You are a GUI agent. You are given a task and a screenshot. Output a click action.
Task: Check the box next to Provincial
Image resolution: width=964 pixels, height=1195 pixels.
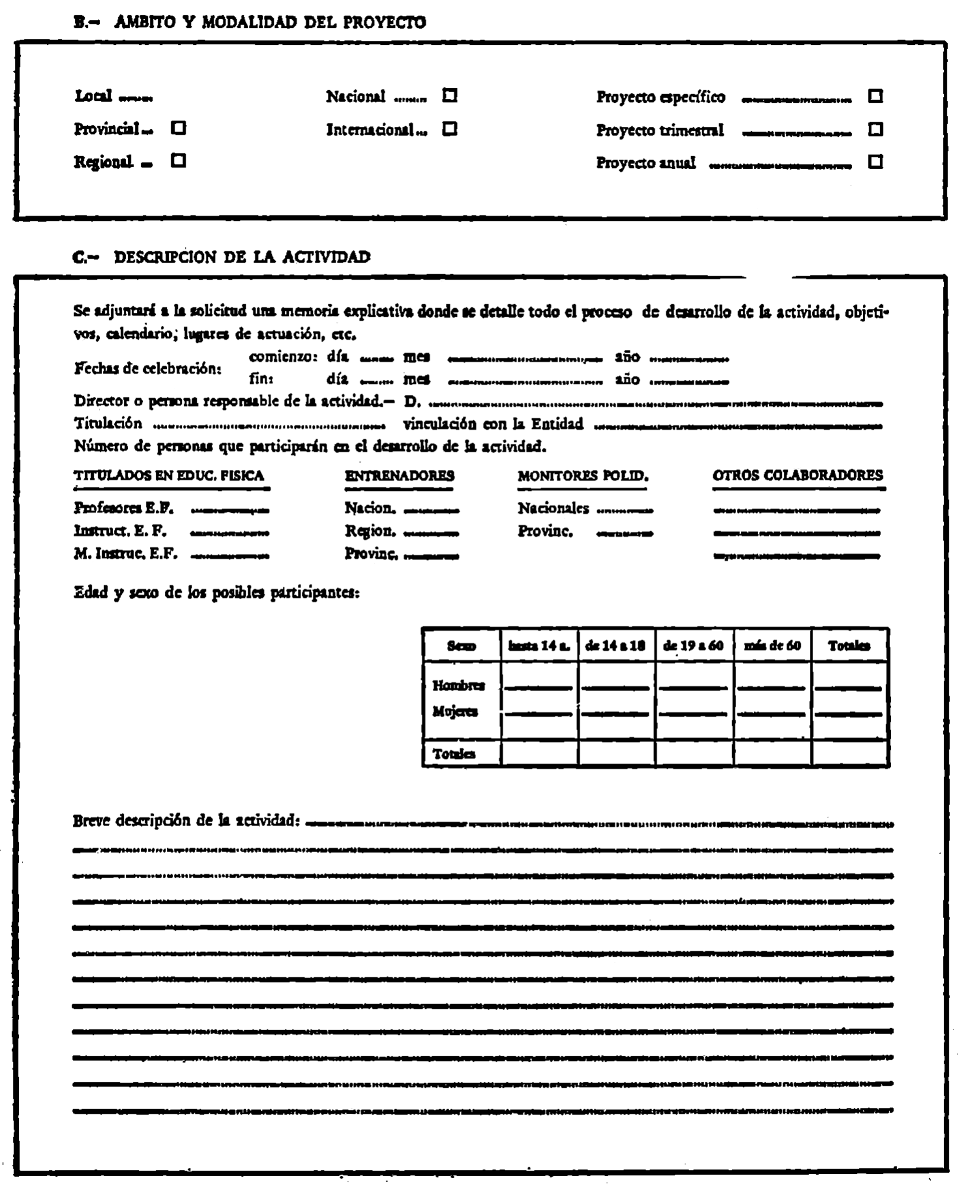click(178, 128)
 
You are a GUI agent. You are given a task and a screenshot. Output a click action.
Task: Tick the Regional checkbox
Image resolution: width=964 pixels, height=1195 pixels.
click(178, 161)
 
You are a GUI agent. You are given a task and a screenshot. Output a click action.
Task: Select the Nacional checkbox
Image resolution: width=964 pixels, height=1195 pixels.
click(450, 95)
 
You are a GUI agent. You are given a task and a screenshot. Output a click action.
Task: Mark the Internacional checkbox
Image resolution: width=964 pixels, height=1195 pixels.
click(450, 129)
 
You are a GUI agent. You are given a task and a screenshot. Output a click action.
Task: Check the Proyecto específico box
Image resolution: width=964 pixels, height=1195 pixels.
click(875, 96)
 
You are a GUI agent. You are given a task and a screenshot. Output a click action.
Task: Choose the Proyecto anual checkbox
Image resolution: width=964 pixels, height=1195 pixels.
click(875, 162)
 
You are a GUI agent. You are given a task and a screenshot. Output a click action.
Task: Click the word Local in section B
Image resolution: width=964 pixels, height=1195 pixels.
click(94, 96)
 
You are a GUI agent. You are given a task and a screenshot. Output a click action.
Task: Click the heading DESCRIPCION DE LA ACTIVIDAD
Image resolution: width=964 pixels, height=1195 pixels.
click(242, 257)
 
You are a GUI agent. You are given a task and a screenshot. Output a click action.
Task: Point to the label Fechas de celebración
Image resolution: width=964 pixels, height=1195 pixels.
click(147, 368)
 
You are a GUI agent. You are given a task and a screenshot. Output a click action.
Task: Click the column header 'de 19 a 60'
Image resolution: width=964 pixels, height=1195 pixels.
click(694, 645)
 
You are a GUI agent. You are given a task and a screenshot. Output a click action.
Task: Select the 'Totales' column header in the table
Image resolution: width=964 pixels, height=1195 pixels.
click(849, 645)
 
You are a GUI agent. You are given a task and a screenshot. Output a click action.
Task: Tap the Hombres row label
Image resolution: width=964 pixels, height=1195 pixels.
click(459, 685)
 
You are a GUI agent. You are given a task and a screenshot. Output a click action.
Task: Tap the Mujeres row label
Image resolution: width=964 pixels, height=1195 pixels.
click(455, 712)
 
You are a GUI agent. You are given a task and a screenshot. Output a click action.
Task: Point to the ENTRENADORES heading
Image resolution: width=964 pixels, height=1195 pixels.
click(399, 475)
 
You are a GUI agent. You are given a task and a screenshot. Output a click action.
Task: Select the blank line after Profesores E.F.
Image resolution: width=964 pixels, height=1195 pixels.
click(230, 509)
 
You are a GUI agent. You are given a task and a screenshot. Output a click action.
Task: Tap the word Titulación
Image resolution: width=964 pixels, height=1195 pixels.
click(108, 424)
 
